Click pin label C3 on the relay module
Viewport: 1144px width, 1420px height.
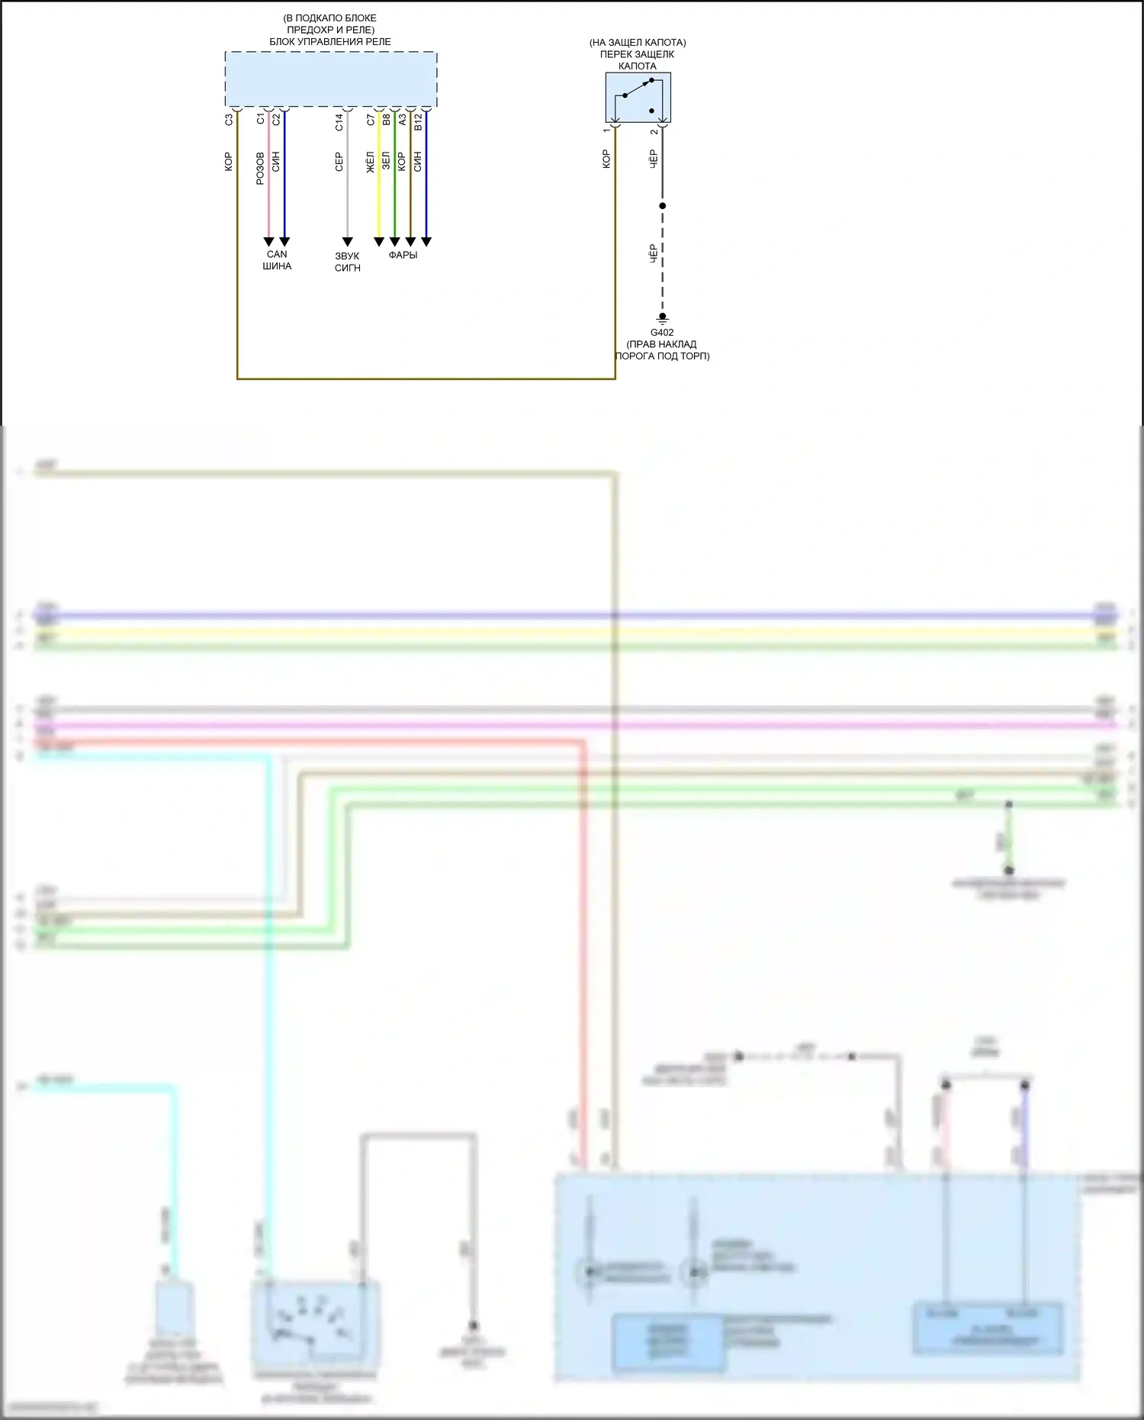click(x=228, y=120)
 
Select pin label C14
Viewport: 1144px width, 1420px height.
click(x=339, y=121)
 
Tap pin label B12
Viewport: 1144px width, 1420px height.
click(x=417, y=122)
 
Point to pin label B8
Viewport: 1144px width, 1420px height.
click(x=386, y=120)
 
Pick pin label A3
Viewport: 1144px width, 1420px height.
click(x=402, y=120)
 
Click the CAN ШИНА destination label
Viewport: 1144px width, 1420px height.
click(x=277, y=260)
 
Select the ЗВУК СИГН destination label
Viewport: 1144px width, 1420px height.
click(x=347, y=262)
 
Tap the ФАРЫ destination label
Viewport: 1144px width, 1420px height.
click(x=403, y=255)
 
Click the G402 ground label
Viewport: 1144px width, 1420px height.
click(x=661, y=333)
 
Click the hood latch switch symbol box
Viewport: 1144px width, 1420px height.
click(x=638, y=98)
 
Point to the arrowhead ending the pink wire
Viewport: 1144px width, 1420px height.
click(x=268, y=242)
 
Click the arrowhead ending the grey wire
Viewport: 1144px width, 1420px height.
click(x=347, y=242)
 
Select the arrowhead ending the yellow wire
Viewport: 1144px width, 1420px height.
click(x=378, y=242)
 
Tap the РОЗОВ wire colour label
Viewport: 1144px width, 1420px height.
click(x=260, y=168)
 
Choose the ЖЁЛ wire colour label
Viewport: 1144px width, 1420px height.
click(x=371, y=162)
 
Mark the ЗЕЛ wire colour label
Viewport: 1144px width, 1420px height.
click(x=386, y=161)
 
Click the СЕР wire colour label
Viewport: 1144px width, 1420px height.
click(x=339, y=162)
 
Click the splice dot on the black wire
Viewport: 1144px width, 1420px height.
click(x=662, y=206)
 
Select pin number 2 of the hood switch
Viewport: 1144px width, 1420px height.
click(x=654, y=131)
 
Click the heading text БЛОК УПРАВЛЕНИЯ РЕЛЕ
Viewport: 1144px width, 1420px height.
click(x=329, y=42)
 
